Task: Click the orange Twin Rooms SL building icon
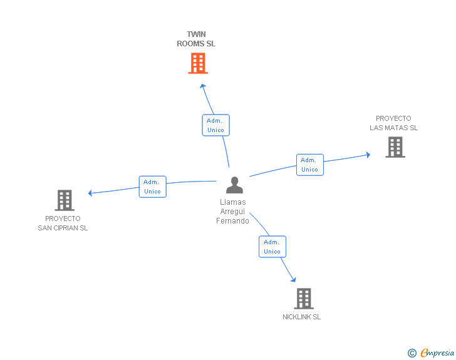tap(198, 63)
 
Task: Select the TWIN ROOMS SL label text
tap(196, 39)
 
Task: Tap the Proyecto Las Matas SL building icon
tap(395, 147)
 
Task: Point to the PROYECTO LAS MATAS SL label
tap(393, 123)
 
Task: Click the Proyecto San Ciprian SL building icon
tap(65, 200)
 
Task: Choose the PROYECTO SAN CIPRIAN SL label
tap(63, 224)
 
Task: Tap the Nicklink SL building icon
tap(304, 299)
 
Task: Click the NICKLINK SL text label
tap(301, 317)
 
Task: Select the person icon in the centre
tap(234, 185)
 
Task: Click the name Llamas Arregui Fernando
tap(233, 211)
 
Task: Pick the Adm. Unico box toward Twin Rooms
tap(215, 125)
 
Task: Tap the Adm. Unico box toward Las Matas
tap(309, 165)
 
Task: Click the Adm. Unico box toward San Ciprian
tap(152, 187)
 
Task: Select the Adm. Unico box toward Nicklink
tap(272, 247)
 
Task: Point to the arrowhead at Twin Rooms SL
tap(202, 84)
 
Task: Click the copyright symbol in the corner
tap(412, 353)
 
